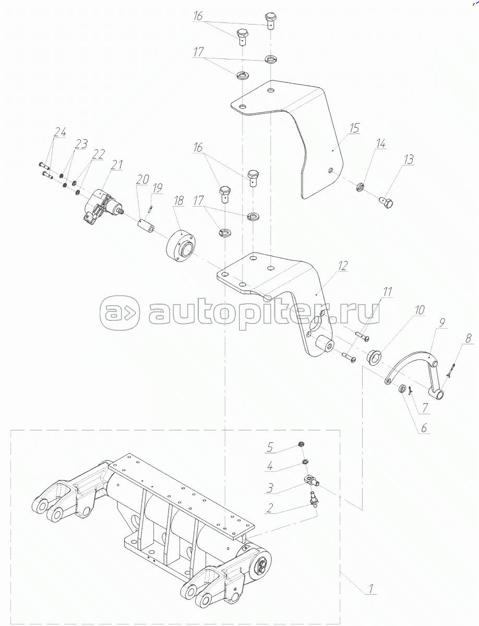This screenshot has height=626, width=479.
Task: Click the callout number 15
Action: [354, 128]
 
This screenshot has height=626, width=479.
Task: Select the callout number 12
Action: [343, 266]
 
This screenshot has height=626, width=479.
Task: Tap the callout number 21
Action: [117, 165]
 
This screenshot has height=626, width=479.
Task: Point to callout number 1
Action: [370, 588]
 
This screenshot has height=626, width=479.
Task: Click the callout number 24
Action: [60, 132]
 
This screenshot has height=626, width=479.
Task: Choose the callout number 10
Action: [420, 310]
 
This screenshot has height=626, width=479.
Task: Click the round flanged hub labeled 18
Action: [181, 246]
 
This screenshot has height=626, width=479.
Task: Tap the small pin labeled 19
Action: [151, 209]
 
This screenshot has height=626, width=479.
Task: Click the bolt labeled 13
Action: [386, 202]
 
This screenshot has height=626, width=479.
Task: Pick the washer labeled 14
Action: [361, 187]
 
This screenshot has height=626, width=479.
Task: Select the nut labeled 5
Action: [301, 444]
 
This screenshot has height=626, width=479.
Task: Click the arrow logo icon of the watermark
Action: [120, 313]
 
